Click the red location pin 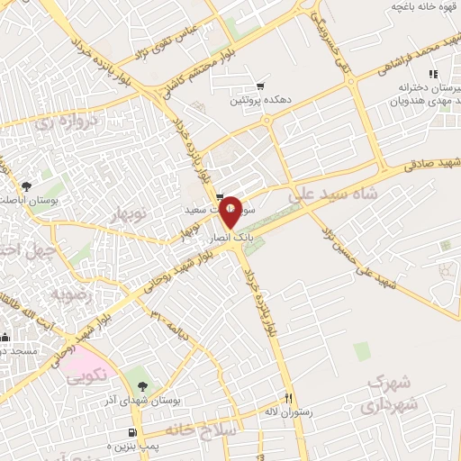tap(230, 211)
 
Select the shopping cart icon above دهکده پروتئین tap(260, 86)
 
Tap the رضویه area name tap(70, 295)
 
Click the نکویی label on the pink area tap(86, 377)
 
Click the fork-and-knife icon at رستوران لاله tap(289, 397)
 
